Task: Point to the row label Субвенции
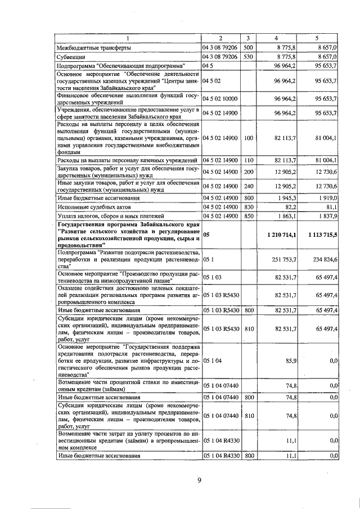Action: [x=71, y=57]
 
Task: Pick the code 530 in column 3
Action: [x=249, y=57]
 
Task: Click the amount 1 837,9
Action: [x=325, y=216]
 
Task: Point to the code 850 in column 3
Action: [x=249, y=216]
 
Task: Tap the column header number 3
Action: [x=248, y=38]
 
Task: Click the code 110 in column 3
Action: [x=249, y=160]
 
